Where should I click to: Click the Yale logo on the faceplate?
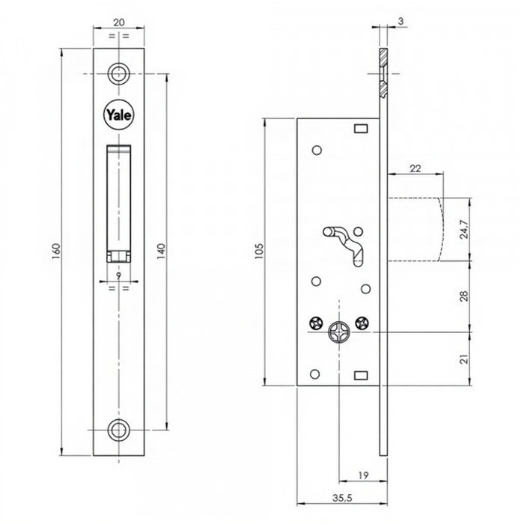point(118,115)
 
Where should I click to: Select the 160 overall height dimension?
point(56,252)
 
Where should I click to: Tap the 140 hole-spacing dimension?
point(162,252)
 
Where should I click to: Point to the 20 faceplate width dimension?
point(119,22)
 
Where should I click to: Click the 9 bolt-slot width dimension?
point(118,275)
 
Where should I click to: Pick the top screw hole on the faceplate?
point(118,73)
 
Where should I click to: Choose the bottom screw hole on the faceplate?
point(118,430)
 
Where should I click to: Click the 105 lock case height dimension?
point(259,252)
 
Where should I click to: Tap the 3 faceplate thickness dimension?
point(400,21)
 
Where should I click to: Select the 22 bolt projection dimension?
point(415,168)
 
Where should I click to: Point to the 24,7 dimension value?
point(464,229)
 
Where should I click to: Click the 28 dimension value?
point(464,296)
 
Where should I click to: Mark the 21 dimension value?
point(464,359)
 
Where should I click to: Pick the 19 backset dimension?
point(363,475)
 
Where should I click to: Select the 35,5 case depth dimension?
point(342,498)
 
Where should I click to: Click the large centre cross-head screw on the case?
point(339,332)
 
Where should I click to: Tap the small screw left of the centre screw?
point(316,323)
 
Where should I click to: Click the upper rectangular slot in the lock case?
point(361,129)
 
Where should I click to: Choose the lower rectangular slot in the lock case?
point(361,375)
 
